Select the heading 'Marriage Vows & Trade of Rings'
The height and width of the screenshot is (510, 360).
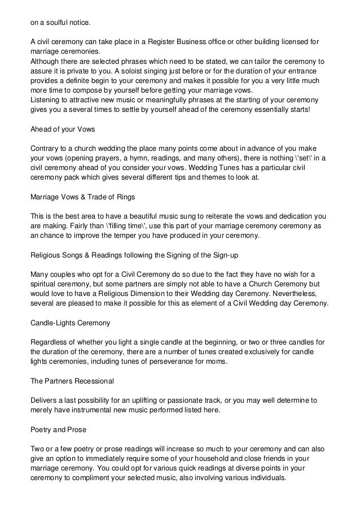click(x=82, y=197)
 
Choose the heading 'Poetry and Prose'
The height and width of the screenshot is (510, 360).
click(x=58, y=430)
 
